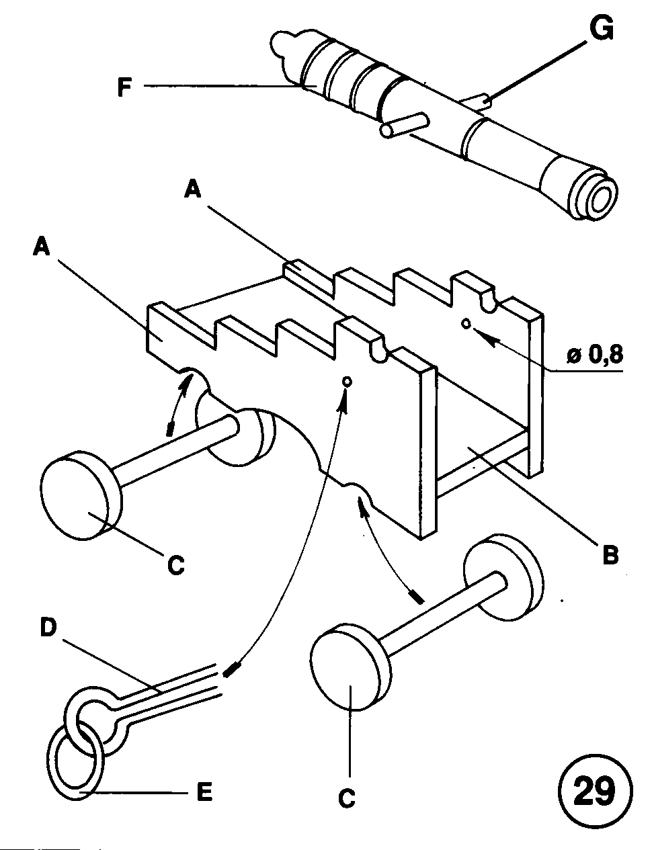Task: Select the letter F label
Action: (124, 87)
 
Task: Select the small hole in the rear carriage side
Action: (466, 323)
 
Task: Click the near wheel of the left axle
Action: (81, 496)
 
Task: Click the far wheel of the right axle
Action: (503, 576)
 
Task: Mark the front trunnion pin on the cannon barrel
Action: (405, 125)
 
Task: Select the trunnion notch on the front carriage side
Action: (379, 350)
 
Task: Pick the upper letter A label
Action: (192, 192)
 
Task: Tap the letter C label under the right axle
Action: (347, 799)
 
